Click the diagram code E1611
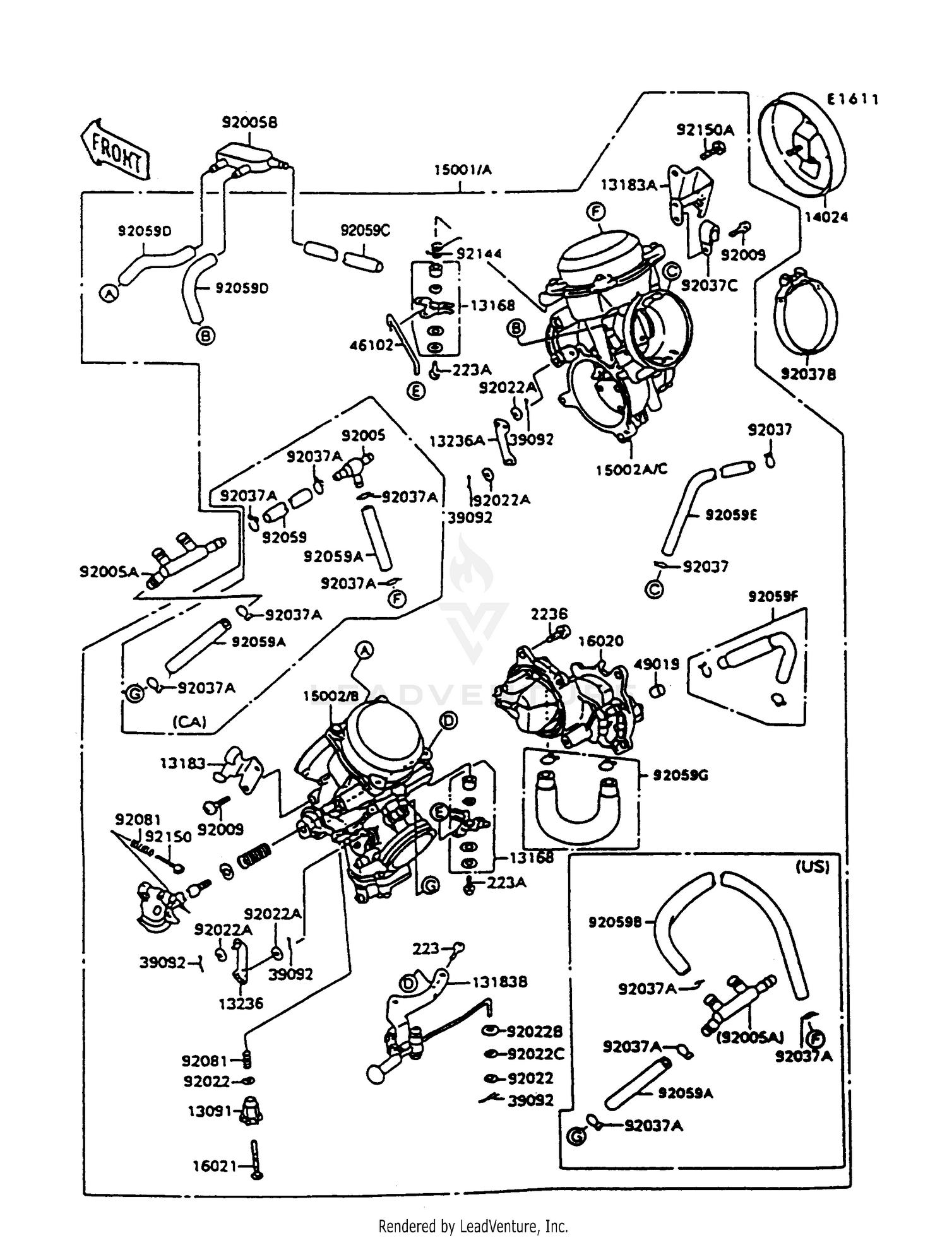(x=853, y=99)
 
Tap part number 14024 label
(x=826, y=217)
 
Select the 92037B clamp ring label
(x=808, y=374)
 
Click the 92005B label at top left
(x=249, y=122)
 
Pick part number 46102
(x=372, y=345)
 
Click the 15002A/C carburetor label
(x=631, y=469)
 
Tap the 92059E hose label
(x=731, y=515)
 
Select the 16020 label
(x=601, y=640)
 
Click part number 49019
(x=657, y=664)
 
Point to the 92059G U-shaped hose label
(x=681, y=775)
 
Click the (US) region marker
(x=812, y=867)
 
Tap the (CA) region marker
(x=189, y=721)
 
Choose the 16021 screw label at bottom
(x=215, y=1167)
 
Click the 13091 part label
(x=210, y=1112)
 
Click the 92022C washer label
(x=535, y=1054)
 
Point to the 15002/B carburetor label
(x=331, y=696)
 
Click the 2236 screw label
(x=549, y=614)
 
